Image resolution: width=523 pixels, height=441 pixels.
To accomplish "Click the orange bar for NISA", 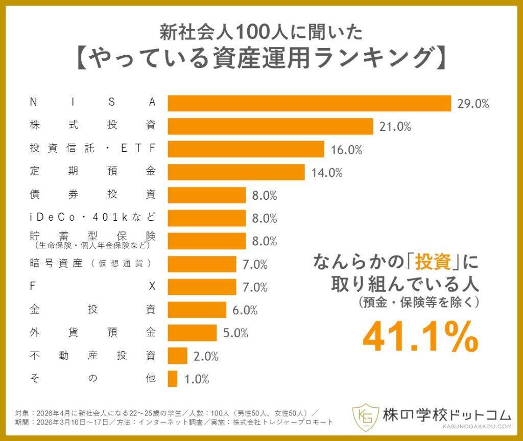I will pos(310,103).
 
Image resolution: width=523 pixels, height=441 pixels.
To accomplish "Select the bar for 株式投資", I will pos(271,126).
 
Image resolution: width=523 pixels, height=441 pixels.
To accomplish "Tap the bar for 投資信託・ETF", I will pos(246,149).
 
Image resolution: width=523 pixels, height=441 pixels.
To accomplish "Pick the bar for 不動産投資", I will pos(178,356).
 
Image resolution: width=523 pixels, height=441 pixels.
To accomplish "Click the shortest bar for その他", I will pos(173,379).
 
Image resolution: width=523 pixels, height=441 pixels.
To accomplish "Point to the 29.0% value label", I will pos(473,104).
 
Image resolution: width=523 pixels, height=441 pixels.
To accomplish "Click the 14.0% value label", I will pos(327,173).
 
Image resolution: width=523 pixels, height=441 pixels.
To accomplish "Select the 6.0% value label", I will pos(245,310).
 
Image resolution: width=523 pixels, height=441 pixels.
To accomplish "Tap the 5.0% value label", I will pos(235,333).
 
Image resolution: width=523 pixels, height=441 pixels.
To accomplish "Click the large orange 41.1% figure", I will pos(420,337).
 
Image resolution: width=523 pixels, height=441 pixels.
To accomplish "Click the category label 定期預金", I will pos(92,172).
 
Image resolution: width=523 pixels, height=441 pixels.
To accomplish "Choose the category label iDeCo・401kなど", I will pos(92,217).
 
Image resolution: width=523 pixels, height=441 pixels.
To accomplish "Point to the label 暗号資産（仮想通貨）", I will pos(92,264).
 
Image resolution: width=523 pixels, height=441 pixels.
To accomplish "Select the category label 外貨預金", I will pos(92,333).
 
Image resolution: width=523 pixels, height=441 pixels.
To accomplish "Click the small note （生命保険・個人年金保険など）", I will pos(92,246).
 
